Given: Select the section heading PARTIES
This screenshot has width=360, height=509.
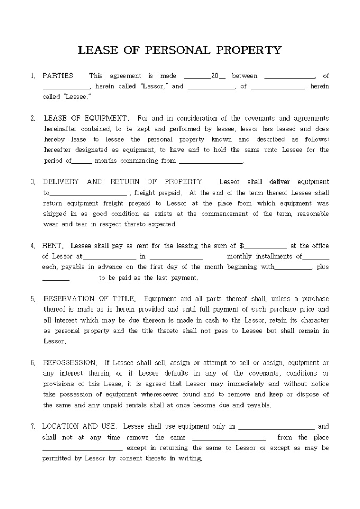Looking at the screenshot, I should (x=58, y=76).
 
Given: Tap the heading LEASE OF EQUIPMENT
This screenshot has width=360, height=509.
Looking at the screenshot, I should (x=86, y=119).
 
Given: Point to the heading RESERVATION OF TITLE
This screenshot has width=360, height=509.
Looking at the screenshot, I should (x=89, y=299).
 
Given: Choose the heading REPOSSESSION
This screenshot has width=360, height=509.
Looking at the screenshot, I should (x=70, y=363).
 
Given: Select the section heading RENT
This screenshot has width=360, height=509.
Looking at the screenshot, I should (x=53, y=246).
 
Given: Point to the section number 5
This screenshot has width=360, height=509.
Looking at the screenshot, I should (x=32, y=299).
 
